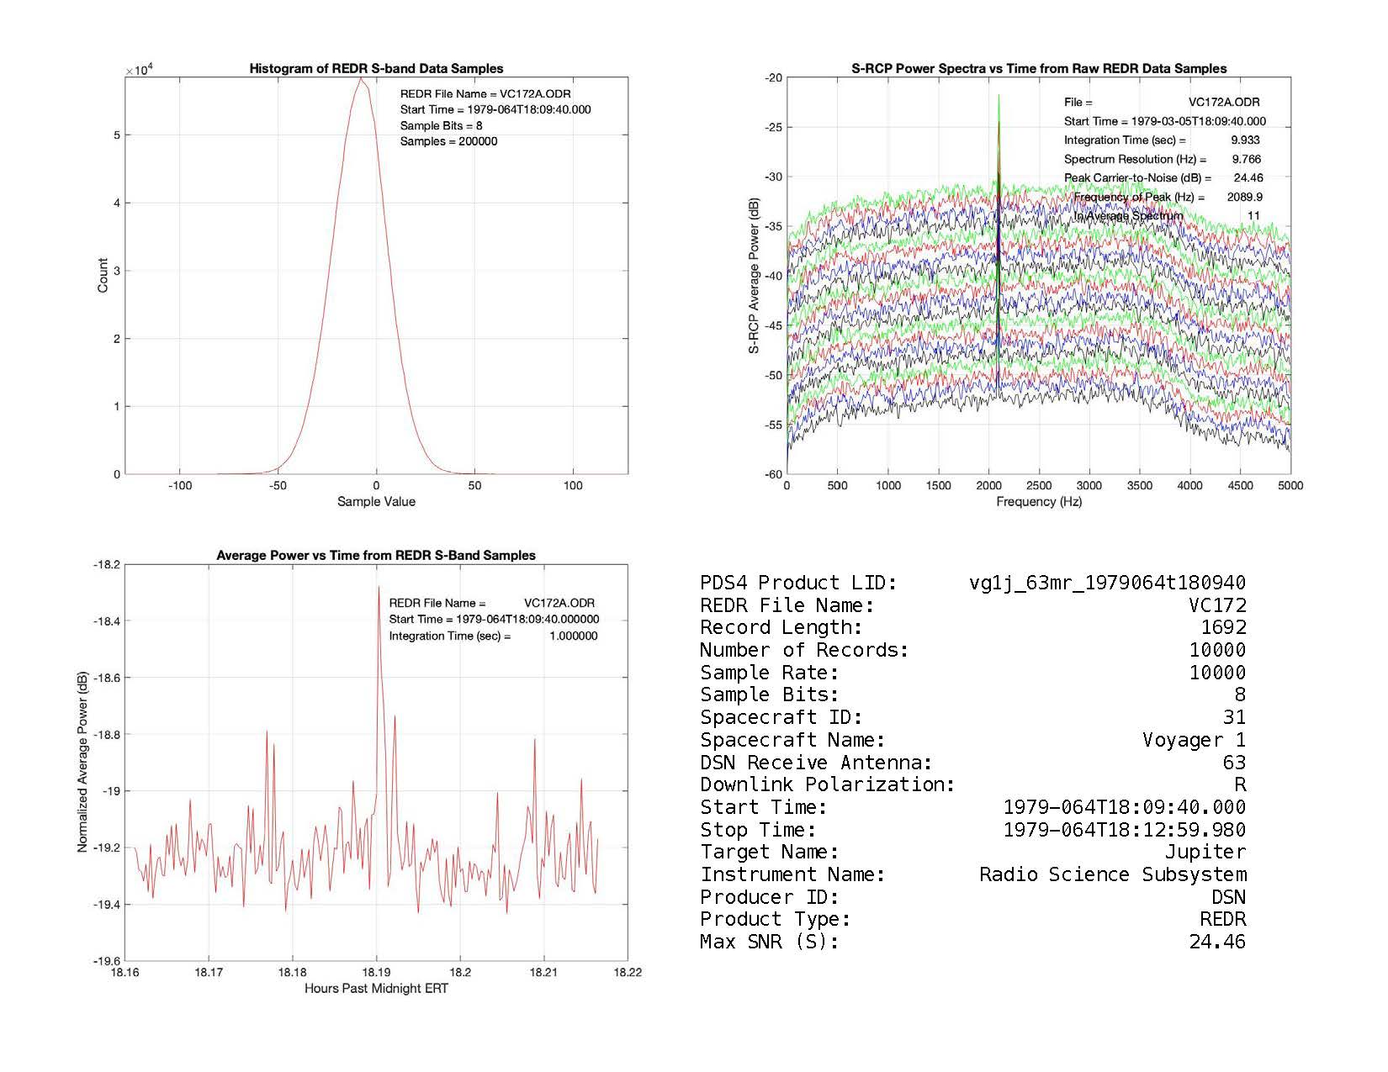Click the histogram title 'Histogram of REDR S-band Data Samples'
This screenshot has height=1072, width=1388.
pos(376,69)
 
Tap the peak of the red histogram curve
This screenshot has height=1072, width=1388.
pos(361,78)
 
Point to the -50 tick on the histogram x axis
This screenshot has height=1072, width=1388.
pos(278,485)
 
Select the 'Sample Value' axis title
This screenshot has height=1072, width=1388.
pos(376,502)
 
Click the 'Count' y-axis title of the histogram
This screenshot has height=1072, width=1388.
pos(103,276)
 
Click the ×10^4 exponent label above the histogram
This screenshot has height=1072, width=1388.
pos(138,70)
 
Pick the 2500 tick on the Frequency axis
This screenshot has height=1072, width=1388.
pos(1039,485)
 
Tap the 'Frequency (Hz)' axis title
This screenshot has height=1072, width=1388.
pos(1039,502)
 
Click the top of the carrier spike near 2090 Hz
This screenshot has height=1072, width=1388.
pos(999,96)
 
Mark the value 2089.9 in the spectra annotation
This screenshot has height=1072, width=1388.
pos(1246,197)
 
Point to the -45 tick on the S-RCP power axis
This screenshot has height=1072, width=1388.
pos(774,325)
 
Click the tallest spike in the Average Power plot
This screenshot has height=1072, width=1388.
pos(379,587)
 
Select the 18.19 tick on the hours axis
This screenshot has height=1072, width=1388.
pos(376,973)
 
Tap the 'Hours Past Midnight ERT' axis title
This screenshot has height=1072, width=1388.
pos(376,989)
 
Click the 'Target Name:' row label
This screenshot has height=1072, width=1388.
pos(769,852)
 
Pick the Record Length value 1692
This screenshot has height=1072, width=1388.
pos(1223,627)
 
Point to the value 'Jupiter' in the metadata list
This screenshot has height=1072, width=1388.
pos(1205,852)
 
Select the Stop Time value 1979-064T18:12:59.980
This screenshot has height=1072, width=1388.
pos(1125,830)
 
